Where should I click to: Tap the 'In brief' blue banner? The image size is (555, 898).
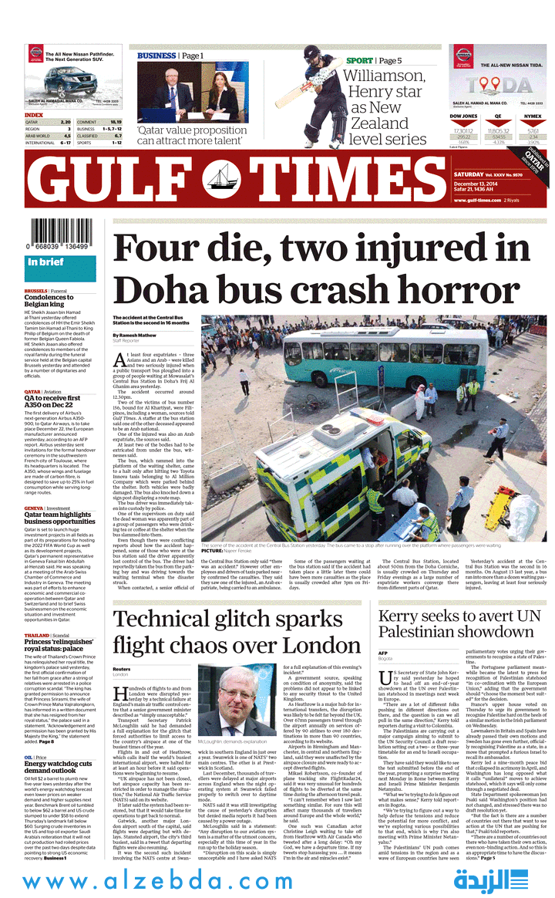59,263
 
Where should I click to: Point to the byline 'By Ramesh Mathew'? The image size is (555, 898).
136,336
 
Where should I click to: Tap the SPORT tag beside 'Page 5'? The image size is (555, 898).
358,60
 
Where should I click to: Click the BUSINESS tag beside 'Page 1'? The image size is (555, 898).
156,56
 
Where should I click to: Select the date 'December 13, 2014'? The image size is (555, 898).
476,184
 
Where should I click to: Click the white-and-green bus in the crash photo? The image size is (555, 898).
354,363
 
